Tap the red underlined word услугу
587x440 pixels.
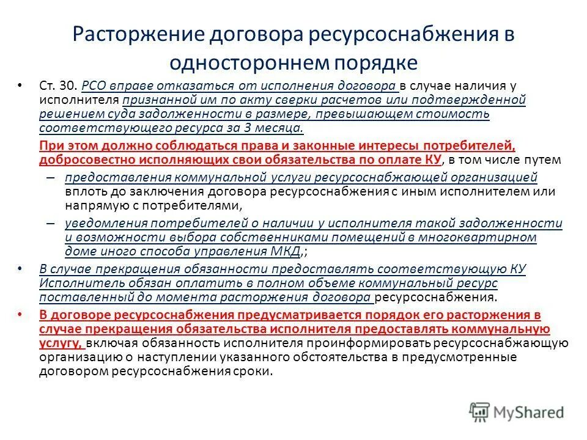(x=59, y=343)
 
